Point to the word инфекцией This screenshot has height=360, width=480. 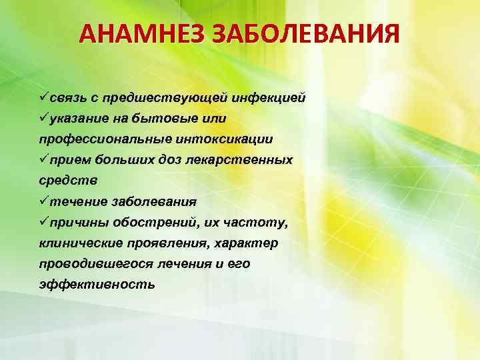[269, 98]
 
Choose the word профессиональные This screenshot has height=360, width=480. [103, 139]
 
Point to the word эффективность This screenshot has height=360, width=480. [97, 285]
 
